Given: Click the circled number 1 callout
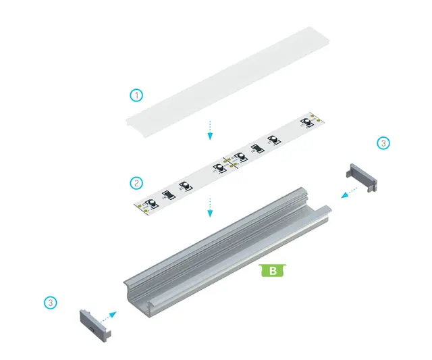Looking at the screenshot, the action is pyautogui.click(x=136, y=95).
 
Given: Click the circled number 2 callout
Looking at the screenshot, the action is pyautogui.click(x=136, y=183).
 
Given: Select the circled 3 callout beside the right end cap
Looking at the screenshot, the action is pyautogui.click(x=383, y=143).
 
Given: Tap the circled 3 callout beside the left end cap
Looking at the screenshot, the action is pyautogui.click(x=51, y=303).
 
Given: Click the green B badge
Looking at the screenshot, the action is pyautogui.click(x=273, y=270).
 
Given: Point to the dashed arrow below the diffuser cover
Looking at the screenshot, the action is pyautogui.click(x=210, y=130).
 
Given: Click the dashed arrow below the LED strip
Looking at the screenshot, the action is pyautogui.click(x=210, y=207).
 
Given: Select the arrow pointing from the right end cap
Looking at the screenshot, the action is pyautogui.click(x=349, y=192).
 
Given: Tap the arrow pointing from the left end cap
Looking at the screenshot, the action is pyautogui.click(x=108, y=317).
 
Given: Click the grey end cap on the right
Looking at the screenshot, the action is pyautogui.click(x=362, y=177).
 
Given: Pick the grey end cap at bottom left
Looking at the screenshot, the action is pyautogui.click(x=95, y=326).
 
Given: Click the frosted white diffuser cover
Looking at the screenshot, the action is pyautogui.click(x=228, y=82).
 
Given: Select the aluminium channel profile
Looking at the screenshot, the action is pyautogui.click(x=227, y=253).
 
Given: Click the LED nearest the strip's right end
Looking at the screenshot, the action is pyautogui.click(x=306, y=122).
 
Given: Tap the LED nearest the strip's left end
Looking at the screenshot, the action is pyautogui.click(x=152, y=203).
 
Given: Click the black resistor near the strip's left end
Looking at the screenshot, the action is pyautogui.click(x=169, y=195).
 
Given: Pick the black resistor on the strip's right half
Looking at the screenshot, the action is pyautogui.click(x=258, y=149).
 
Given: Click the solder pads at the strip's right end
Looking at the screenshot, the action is pyautogui.click(x=315, y=118).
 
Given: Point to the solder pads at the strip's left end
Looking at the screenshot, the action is pyautogui.click(x=142, y=208).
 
